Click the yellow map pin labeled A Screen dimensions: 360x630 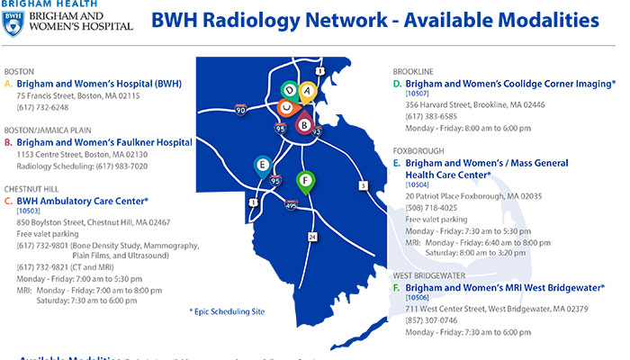(306, 91)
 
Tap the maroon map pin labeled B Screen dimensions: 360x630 (303, 123)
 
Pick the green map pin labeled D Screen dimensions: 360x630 (289, 90)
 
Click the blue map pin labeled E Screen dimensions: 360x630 (262, 165)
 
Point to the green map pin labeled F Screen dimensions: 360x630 (306, 180)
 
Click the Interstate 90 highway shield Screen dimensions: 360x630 (240, 108)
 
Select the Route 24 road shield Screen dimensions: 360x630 (312, 236)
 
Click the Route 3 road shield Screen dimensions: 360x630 (363, 185)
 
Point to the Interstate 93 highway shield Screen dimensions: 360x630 (317, 131)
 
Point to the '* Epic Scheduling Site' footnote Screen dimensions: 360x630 (228, 310)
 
